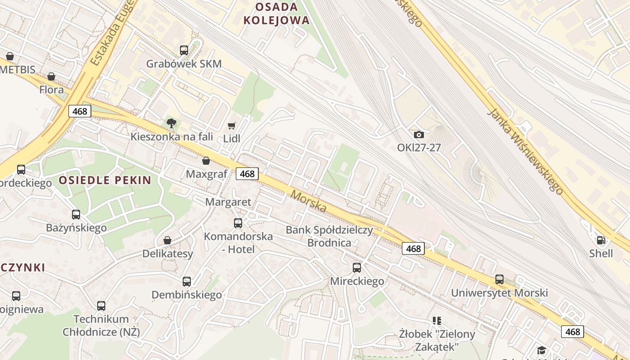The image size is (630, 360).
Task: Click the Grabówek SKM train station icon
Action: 184,50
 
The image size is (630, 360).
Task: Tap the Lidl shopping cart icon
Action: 232,126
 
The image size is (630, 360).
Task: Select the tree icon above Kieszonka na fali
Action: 171,123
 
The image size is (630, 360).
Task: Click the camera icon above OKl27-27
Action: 419,135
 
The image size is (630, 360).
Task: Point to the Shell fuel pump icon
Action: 601,240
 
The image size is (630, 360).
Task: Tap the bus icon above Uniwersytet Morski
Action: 499,279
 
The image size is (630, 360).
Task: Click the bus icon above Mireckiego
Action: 357,268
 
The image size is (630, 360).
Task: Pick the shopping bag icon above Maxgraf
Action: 206,161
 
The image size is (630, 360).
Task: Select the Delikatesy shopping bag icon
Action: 167,240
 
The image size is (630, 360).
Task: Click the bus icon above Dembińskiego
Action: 187,282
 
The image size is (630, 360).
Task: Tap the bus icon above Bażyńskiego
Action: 76,215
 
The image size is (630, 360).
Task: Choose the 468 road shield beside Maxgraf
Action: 247,174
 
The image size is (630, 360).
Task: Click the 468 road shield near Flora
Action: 80,111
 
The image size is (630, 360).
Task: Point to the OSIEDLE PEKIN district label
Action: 105,180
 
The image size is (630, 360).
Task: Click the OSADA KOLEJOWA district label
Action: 276,13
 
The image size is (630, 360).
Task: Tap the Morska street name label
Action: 309,201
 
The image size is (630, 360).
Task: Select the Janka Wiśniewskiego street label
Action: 525,151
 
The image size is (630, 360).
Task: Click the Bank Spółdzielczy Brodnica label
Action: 329,236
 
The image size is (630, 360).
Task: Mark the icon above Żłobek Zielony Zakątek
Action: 436,321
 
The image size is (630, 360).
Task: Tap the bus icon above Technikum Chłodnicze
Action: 101,306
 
